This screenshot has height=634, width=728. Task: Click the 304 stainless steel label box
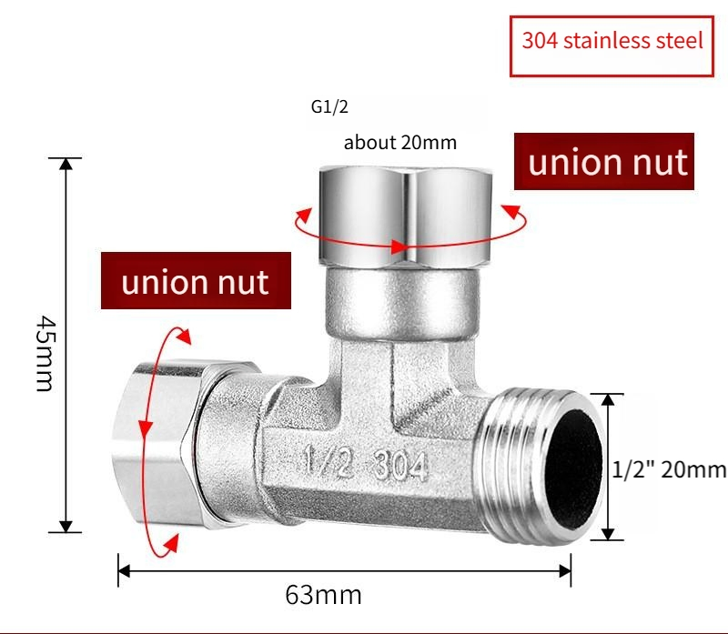(612, 42)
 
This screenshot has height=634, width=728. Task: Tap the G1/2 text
(329, 107)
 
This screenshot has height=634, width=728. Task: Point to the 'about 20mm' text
(399, 143)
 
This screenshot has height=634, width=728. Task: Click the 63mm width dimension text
(324, 596)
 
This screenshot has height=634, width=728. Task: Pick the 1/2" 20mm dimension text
(669, 469)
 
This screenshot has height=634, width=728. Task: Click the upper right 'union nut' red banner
(608, 162)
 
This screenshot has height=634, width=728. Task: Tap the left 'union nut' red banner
(196, 281)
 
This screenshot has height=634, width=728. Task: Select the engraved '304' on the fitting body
(399, 466)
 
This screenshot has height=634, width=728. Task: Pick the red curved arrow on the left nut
(146, 437)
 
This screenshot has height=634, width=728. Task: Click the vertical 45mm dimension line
(66, 346)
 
